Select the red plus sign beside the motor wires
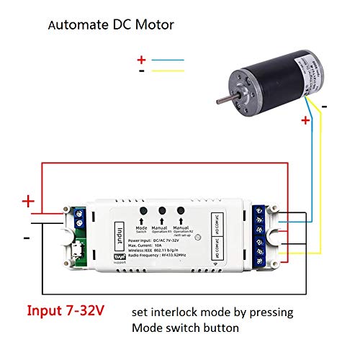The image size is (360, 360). pos(305,121)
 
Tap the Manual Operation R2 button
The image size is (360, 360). pos(180,211)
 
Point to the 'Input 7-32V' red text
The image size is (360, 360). pos(66,312)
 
